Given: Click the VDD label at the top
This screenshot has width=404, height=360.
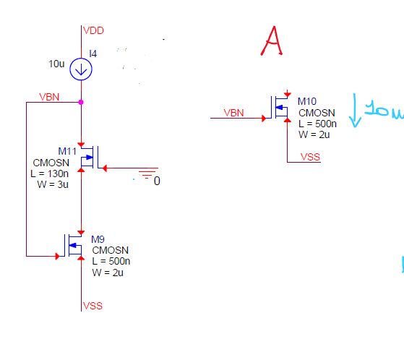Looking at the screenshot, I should pyautogui.click(x=94, y=30).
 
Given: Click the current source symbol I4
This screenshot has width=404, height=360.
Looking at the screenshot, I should pyautogui.click(x=81, y=69).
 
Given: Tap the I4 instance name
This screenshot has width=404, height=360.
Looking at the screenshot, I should pyautogui.click(x=93, y=53).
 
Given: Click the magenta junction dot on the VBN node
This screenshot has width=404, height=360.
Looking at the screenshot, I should pyautogui.click(x=81, y=102).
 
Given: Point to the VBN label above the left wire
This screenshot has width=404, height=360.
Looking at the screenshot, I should pyautogui.click(x=50, y=97).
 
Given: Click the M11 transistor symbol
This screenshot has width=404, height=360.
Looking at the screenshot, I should pyautogui.click(x=87, y=158).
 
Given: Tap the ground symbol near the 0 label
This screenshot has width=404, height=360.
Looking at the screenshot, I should pyautogui.click(x=147, y=174).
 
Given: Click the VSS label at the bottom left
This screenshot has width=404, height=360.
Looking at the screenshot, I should pyautogui.click(x=93, y=306).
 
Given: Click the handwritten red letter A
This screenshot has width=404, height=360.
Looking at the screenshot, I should pyautogui.click(x=272, y=41).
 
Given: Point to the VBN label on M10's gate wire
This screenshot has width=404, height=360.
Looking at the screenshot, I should pyautogui.click(x=234, y=113).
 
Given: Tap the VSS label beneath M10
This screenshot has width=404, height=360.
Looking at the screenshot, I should pyautogui.click(x=310, y=156).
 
